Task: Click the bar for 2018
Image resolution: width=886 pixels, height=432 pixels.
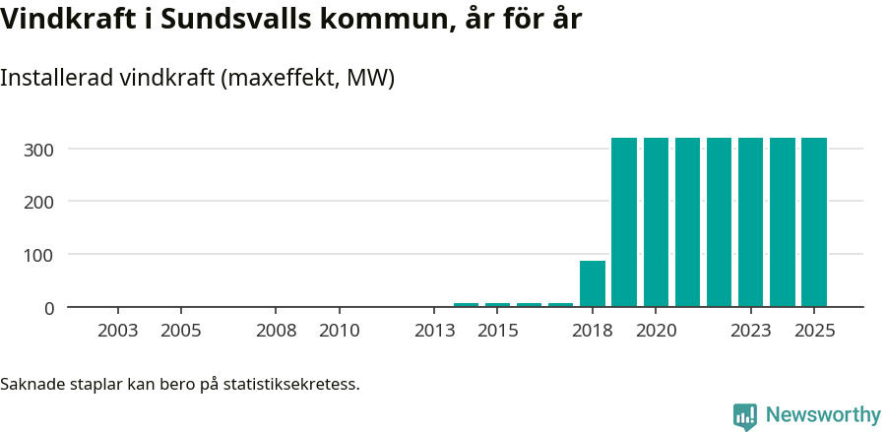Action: [593, 284]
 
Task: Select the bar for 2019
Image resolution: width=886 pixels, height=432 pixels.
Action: [624, 222]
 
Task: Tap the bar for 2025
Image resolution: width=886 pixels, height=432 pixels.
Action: [814, 222]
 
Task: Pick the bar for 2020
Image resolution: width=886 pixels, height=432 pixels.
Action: [656, 222]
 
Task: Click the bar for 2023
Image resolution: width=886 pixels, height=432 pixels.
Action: [750, 222]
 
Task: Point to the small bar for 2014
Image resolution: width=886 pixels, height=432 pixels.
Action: [466, 305]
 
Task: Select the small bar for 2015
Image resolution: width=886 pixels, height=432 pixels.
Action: [497, 305]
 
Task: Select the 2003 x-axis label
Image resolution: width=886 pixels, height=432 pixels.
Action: [118, 331]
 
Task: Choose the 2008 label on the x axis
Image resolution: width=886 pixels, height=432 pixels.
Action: [277, 331]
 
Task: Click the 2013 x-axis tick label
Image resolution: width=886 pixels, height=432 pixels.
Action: [435, 331]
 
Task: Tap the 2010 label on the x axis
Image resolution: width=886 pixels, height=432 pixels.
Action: [340, 331]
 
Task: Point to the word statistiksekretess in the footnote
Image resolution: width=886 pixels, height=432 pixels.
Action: [291, 383]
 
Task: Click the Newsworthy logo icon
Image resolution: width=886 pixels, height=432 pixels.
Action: [745, 416]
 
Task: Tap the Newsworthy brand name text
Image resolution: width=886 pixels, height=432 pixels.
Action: [823, 415]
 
